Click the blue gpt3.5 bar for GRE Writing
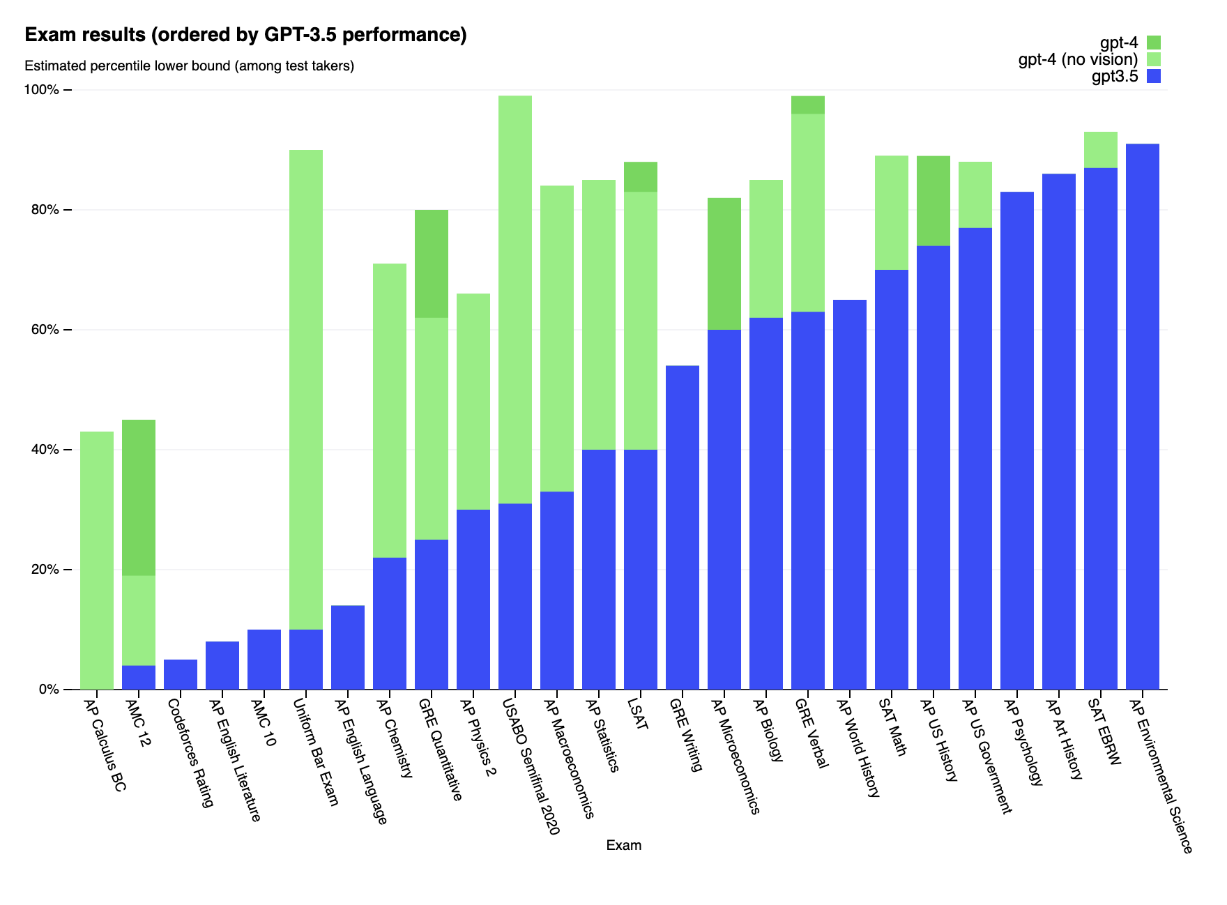[683, 527]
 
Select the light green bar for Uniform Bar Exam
[306, 389]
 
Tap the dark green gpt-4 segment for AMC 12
[139, 497]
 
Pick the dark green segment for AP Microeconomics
[724, 264]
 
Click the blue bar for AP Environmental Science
[1143, 416]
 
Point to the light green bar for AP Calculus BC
[97, 560]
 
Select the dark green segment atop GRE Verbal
[808, 105]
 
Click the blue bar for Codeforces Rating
[181, 674]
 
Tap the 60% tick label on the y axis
[48, 330]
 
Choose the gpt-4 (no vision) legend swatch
[1154, 59]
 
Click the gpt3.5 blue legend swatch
[1154, 76]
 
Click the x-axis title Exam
[623, 846]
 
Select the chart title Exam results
[245, 35]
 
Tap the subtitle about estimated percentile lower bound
[190, 66]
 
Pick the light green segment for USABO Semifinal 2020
[515, 299]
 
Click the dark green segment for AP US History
[933, 201]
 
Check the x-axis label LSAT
[639, 713]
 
